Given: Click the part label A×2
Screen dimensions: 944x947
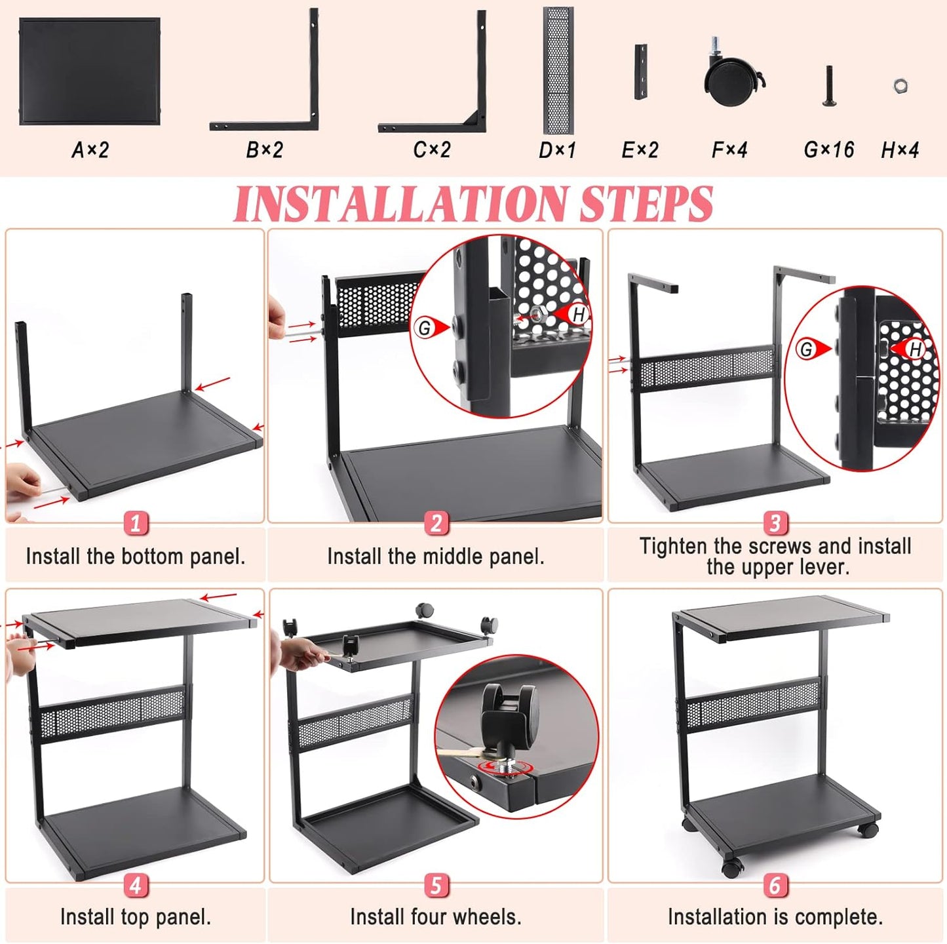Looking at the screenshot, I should click(x=90, y=150).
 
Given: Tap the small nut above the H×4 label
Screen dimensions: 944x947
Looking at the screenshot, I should click(x=900, y=85).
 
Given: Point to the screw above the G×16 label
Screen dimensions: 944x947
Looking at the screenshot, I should click(x=830, y=86).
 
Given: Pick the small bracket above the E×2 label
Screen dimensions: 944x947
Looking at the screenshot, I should click(x=640, y=72).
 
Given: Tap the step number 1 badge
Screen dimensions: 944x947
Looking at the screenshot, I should click(x=136, y=523).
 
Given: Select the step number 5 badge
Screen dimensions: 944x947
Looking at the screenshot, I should click(x=436, y=885).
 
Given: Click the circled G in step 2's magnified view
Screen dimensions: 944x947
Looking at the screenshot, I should click(x=425, y=328).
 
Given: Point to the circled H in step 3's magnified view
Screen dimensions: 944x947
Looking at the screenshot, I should click(x=916, y=349).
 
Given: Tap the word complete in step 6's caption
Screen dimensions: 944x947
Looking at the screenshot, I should click(x=840, y=916).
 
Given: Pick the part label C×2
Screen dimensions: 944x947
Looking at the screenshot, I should click(x=432, y=150).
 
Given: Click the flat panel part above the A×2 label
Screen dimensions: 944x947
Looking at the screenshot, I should click(x=90, y=71).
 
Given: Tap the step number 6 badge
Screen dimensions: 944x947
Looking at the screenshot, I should click(x=775, y=885).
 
